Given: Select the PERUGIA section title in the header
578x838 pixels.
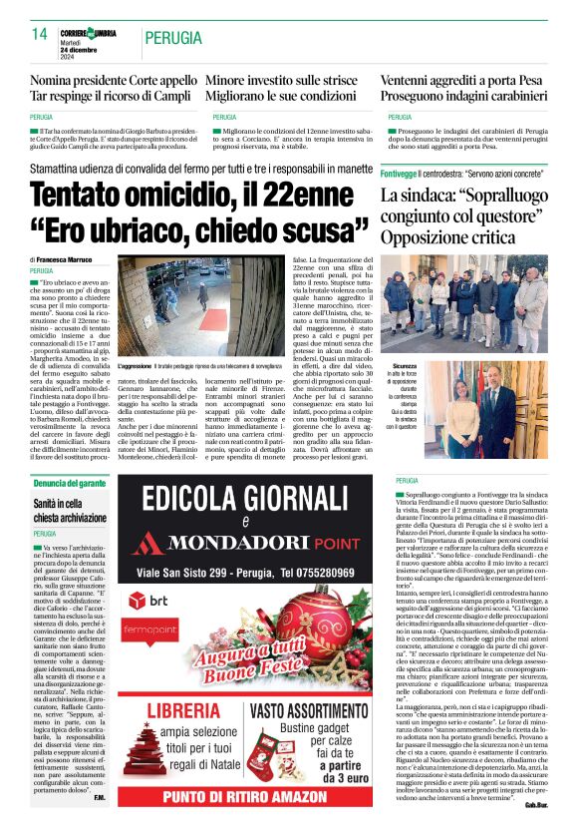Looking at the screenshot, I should (176, 37).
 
